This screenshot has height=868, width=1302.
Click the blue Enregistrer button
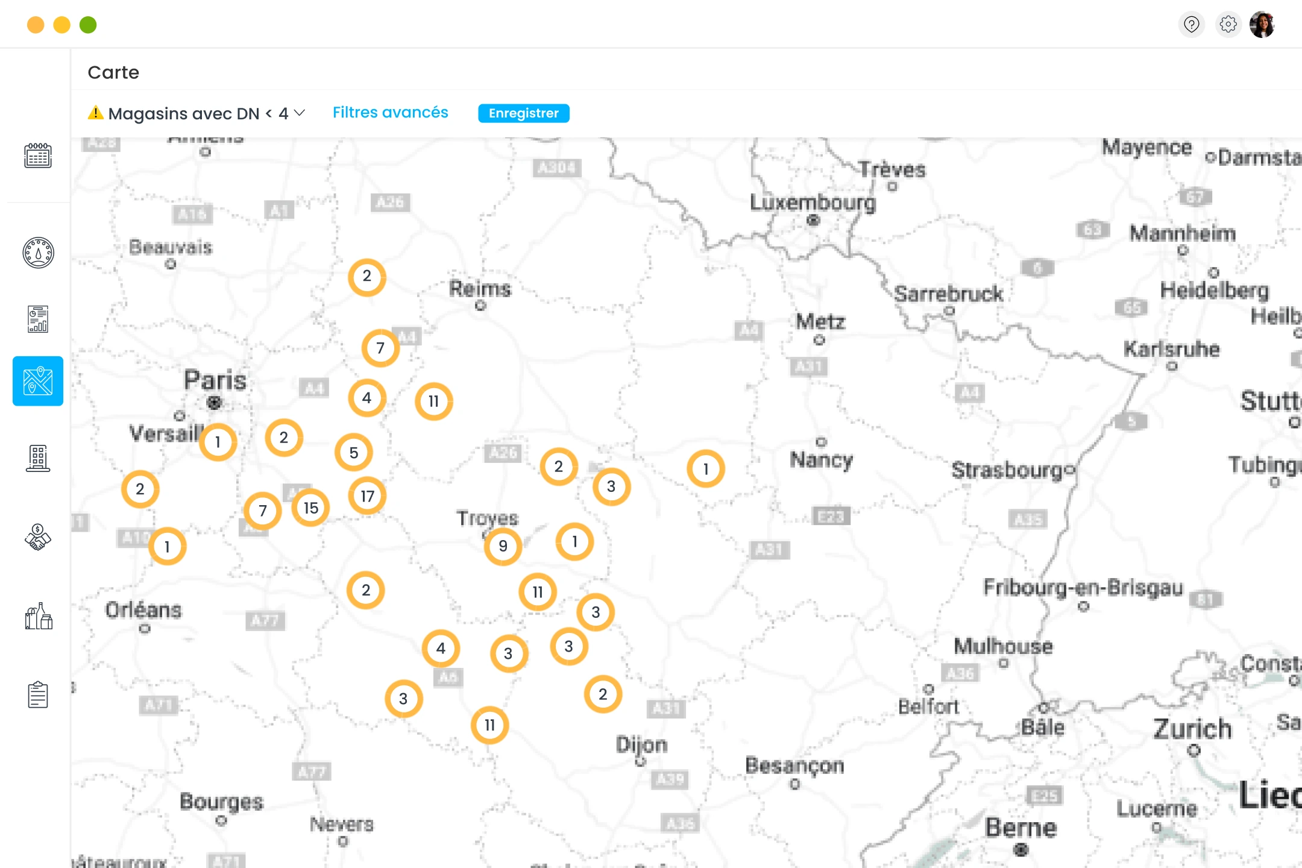(x=523, y=113)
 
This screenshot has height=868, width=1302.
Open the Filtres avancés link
(x=390, y=113)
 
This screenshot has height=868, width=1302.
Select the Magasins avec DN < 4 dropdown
(x=198, y=113)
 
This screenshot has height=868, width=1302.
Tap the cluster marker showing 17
(x=367, y=496)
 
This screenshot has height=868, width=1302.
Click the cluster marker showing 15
(x=310, y=508)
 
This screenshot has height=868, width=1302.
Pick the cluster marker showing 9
(x=503, y=546)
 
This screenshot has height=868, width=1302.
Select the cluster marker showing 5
(x=354, y=453)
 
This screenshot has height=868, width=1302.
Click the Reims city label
(x=480, y=289)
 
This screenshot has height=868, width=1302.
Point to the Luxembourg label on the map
(x=812, y=203)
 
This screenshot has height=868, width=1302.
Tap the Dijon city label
(x=641, y=745)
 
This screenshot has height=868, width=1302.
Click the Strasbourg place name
(x=1008, y=470)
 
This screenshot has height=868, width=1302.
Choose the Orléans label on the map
(x=143, y=610)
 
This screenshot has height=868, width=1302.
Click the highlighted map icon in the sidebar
(x=38, y=381)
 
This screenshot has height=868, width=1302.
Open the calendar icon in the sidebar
(x=38, y=156)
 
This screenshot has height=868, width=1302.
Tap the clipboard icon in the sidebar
(x=38, y=694)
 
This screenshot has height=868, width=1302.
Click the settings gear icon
(x=1228, y=25)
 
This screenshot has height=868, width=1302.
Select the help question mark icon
(x=1191, y=25)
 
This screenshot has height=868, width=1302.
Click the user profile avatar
(x=1262, y=25)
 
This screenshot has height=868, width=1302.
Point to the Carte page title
(x=113, y=72)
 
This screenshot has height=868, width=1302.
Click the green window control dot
(x=88, y=25)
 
